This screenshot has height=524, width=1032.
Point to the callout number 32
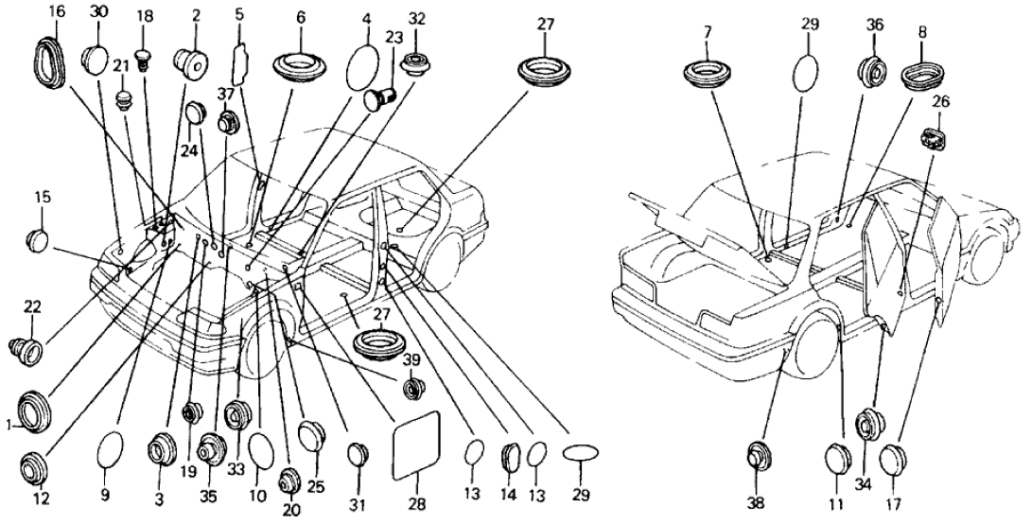click(417, 19)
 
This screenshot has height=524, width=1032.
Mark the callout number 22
click(33, 307)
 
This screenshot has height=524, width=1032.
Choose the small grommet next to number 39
click(413, 389)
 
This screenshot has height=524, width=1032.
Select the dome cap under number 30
click(99, 59)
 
